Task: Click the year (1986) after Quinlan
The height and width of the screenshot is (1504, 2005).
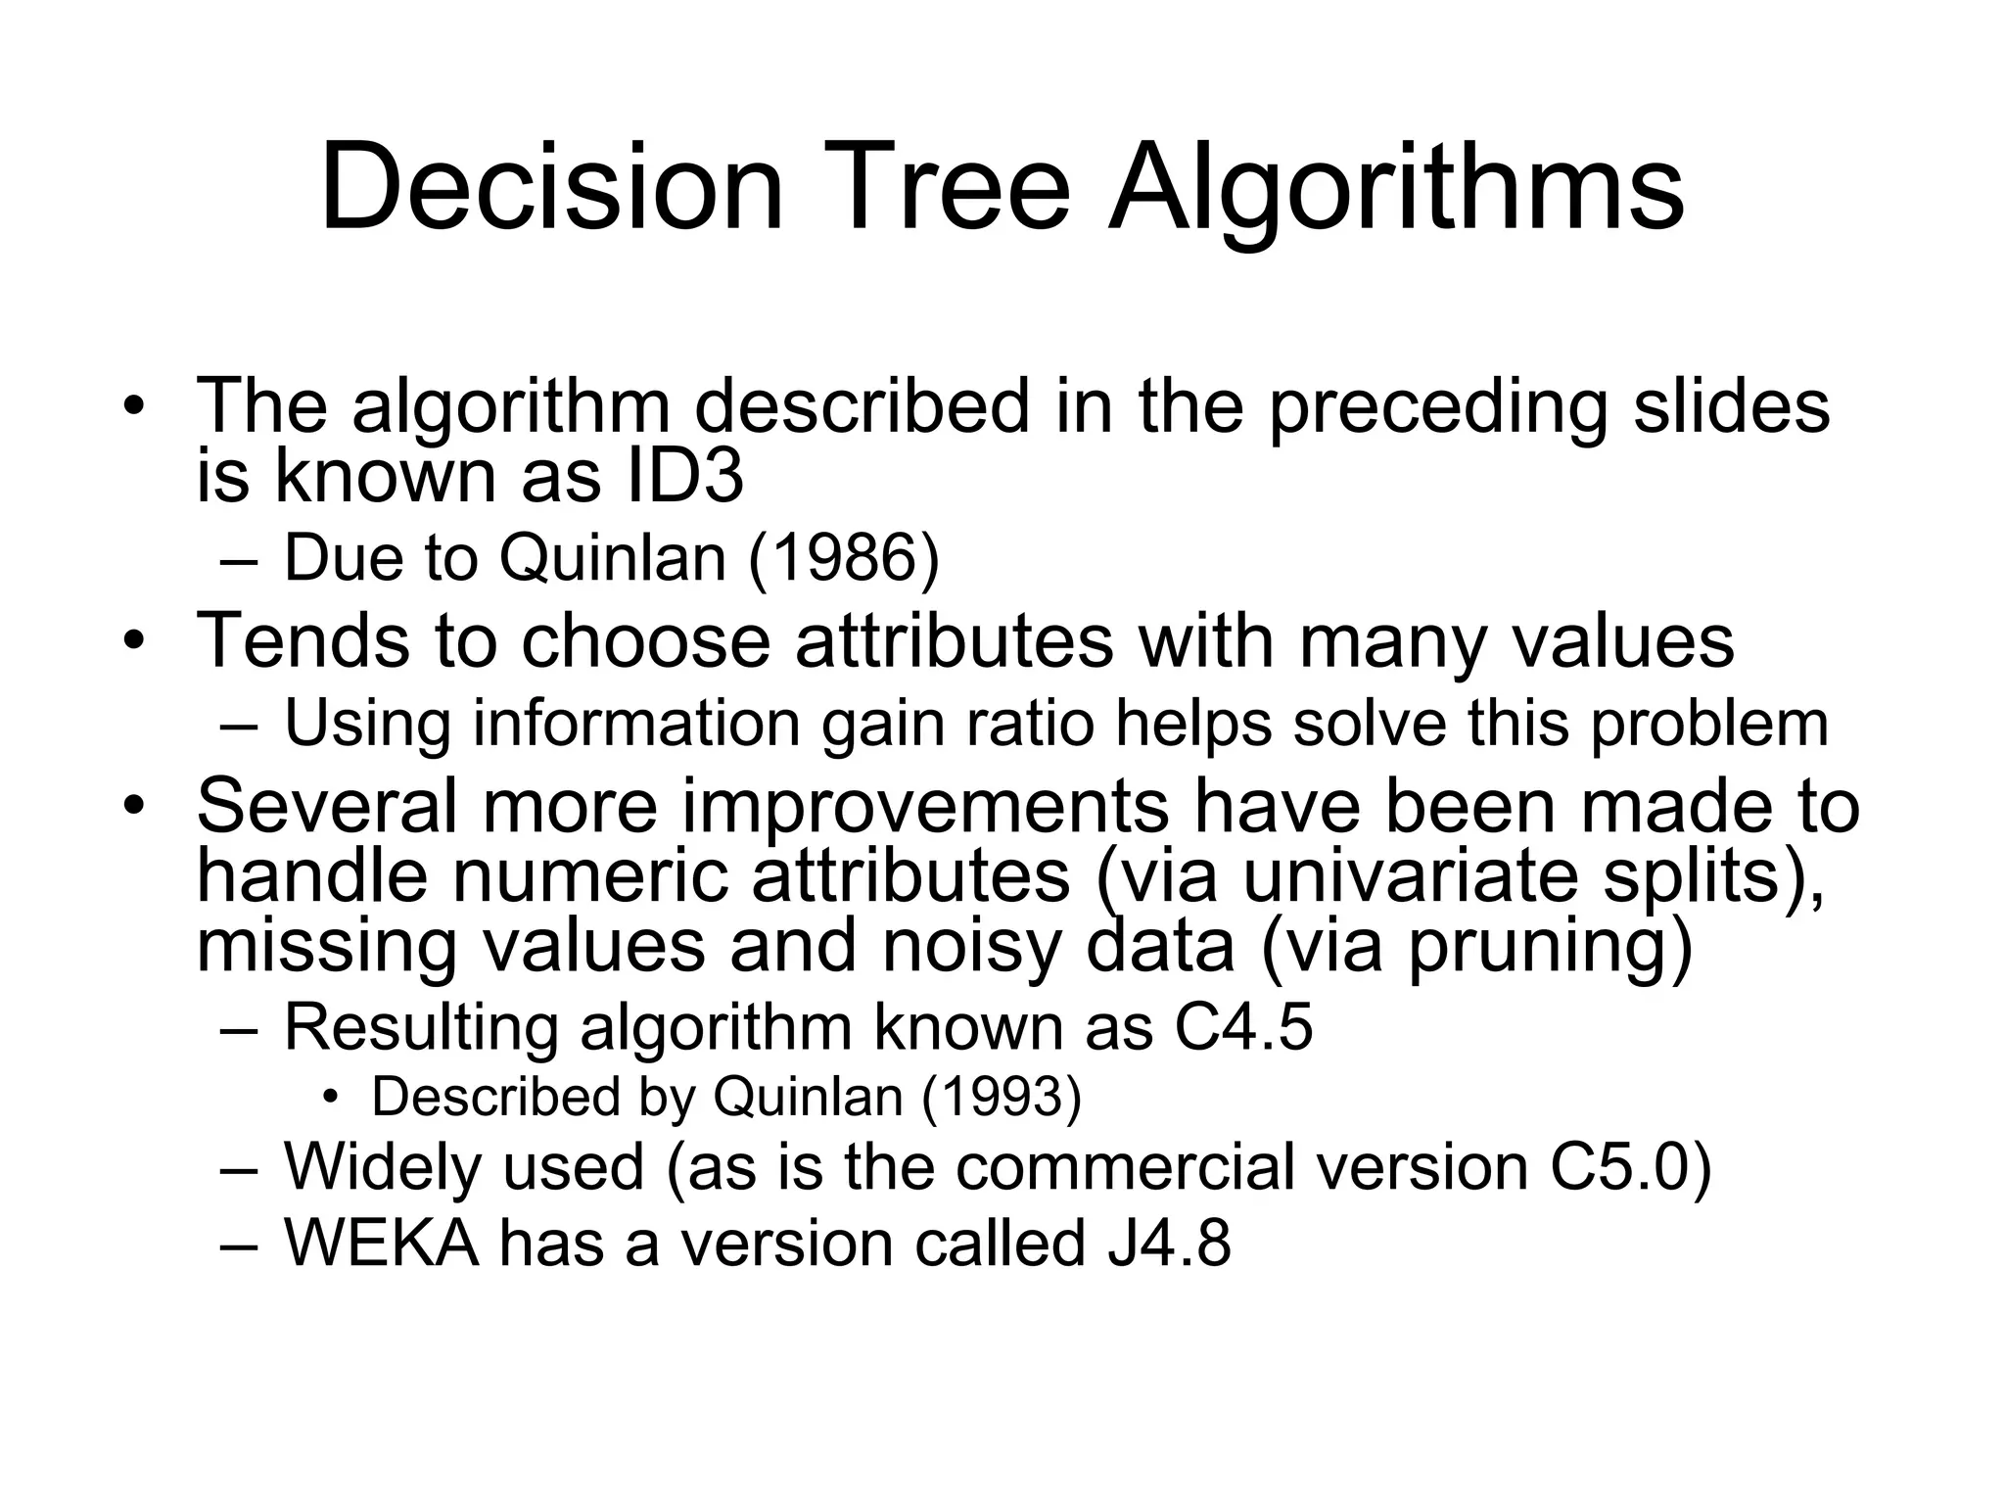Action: tap(843, 558)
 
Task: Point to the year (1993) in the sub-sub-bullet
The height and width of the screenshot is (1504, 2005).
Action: tap(1002, 1096)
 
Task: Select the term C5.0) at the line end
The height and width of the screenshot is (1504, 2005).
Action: tap(1631, 1167)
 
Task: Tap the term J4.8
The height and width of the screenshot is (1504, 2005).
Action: tap(1169, 1243)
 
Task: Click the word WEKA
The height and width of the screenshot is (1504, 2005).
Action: tap(382, 1243)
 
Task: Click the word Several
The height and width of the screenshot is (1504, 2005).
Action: tap(327, 806)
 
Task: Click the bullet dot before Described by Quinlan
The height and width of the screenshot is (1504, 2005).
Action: tap(330, 1098)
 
